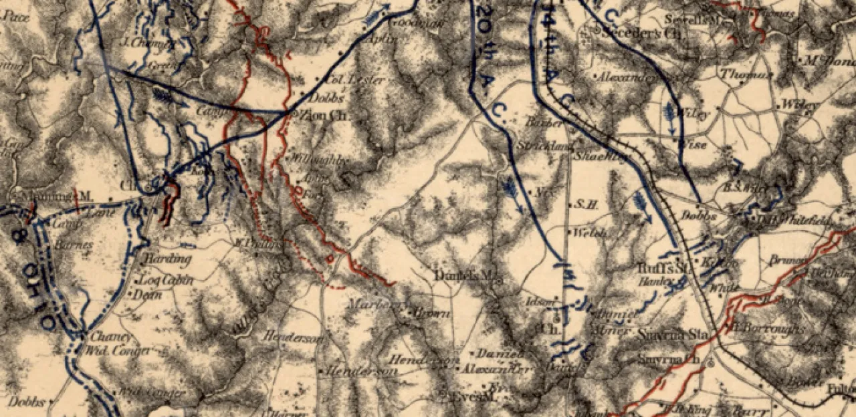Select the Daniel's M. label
coord(467,275)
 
